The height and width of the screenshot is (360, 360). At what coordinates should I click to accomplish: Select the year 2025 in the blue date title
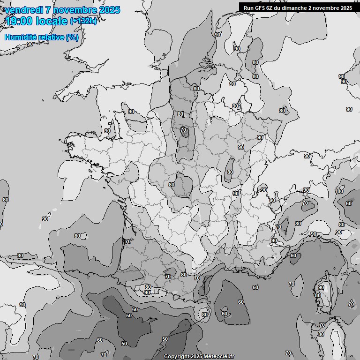109,10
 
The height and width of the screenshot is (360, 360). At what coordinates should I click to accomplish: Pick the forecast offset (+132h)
83,21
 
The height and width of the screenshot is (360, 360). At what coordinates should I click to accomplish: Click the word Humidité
20,37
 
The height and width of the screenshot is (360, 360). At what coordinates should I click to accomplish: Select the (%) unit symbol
72,37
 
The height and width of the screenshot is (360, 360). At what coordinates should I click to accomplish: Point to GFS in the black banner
261,8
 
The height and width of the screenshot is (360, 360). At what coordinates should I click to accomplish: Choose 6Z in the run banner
271,8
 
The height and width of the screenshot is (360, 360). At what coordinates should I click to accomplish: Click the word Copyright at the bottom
176,357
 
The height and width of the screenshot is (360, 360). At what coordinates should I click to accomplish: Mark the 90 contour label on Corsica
321,287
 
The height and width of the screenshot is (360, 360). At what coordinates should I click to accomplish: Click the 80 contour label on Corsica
318,295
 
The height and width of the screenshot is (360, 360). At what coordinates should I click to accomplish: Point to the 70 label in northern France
183,130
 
